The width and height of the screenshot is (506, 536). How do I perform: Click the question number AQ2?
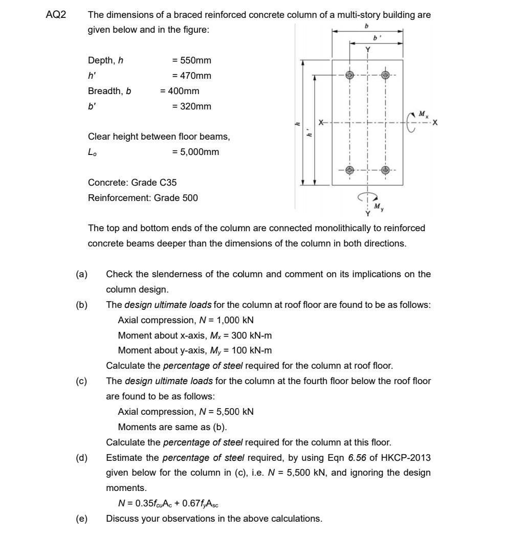point(56,15)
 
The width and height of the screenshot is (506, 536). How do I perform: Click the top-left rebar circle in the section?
point(350,75)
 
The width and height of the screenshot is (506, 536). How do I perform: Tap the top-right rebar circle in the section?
point(386,75)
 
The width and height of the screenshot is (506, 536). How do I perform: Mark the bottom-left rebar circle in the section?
point(350,170)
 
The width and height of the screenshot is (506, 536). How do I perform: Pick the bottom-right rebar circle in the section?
point(386,170)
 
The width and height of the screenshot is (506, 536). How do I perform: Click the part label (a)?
point(81,274)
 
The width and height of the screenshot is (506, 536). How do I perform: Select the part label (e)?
point(81,519)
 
